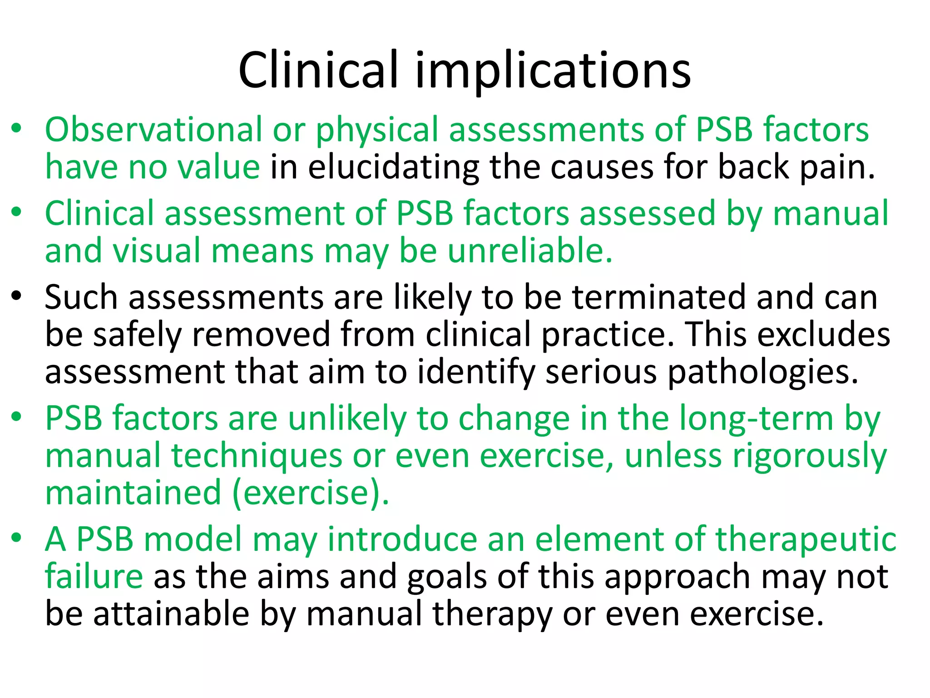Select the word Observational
[153, 130]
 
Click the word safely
[137, 335]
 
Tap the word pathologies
[762, 372]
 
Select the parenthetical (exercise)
[311, 493]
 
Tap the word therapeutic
[806, 539]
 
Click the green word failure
[94, 577]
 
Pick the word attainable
[172, 614]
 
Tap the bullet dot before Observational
[17, 129]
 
